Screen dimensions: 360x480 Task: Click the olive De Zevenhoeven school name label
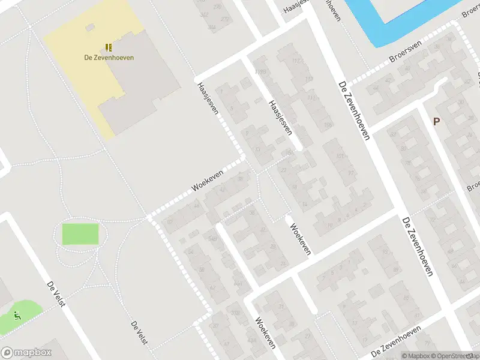click(109, 58)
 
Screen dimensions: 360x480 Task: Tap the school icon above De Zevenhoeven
click(109, 47)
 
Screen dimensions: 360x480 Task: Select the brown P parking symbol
click(436, 121)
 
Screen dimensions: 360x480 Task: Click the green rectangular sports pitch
click(80, 234)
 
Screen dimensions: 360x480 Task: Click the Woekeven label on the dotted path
click(208, 180)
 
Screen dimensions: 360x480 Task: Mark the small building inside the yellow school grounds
click(91, 27)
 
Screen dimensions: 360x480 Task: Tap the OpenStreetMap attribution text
click(459, 356)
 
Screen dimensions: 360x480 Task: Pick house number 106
click(327, 125)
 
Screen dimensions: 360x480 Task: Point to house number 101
click(340, 157)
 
